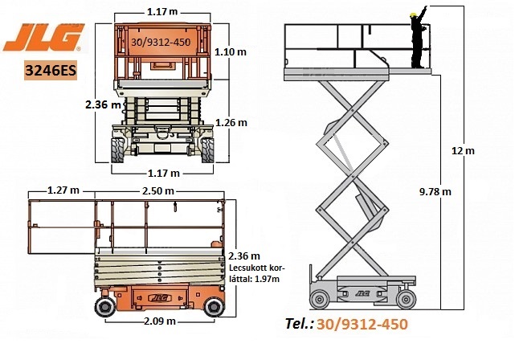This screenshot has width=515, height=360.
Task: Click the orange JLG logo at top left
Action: tap(43, 37)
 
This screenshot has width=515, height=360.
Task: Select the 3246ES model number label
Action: tap(51, 70)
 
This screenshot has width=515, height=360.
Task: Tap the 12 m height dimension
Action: tap(463, 151)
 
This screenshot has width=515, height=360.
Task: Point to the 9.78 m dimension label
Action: tap(435, 192)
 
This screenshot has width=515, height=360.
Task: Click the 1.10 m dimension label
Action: tap(231, 52)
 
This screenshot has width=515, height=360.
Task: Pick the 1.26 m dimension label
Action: tap(231, 122)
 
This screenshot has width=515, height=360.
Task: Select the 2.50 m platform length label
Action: tap(158, 190)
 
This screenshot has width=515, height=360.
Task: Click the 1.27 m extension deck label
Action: tap(63, 190)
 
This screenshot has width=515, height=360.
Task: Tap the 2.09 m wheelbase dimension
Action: tap(160, 321)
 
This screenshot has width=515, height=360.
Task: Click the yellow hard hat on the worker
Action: tap(413, 14)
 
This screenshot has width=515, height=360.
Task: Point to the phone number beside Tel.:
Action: tap(362, 324)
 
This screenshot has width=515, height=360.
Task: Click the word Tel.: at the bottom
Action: tap(299, 324)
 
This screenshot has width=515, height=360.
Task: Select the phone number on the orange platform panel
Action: tap(161, 43)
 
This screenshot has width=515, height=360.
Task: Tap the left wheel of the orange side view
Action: tap(105, 307)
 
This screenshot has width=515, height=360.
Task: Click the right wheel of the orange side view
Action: tap(215, 307)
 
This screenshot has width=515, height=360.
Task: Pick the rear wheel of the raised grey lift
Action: tap(319, 300)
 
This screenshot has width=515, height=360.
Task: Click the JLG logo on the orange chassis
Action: tap(160, 298)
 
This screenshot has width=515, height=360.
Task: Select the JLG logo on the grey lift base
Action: tap(362, 293)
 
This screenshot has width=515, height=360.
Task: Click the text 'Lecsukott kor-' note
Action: tap(257, 268)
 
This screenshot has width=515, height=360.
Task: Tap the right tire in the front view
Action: tap(207, 150)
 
